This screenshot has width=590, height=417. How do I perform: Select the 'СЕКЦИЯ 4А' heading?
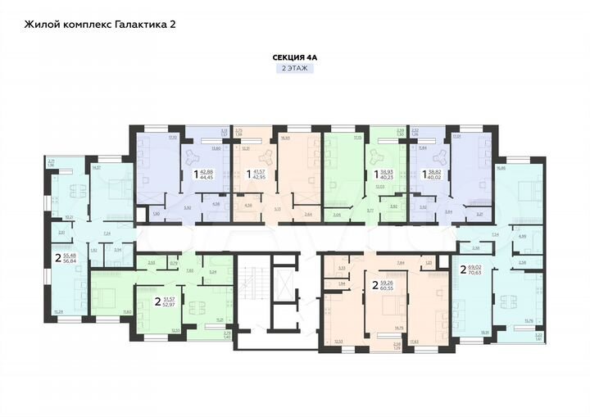tap(294, 57)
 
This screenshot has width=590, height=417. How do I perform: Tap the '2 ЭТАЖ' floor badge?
tap(294, 70)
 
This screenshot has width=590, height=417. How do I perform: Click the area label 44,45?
tap(206, 177)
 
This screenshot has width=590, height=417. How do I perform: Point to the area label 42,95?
tap(258, 177)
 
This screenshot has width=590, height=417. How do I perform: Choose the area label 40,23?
tap(385, 177)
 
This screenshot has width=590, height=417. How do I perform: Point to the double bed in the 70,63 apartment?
tap(524, 190)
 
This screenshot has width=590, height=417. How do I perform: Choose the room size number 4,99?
tap(523, 237)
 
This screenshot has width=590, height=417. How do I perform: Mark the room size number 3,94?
tap(118, 250)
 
